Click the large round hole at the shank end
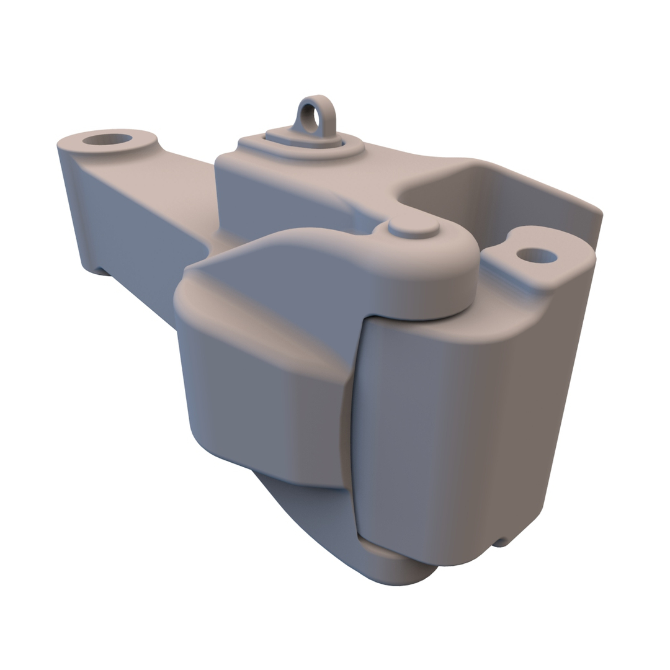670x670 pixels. pos(107,139)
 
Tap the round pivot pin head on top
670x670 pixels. pos(413,228)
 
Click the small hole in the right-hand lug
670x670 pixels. pos(536,255)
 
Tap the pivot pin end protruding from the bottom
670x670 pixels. pos(397,568)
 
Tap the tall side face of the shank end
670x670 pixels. pos(124,211)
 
